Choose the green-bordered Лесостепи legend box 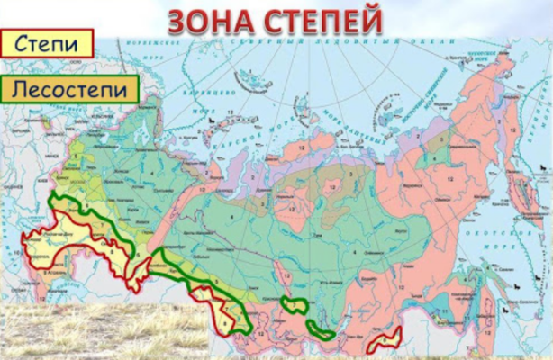pos(70,88)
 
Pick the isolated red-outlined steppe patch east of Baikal pos(387,340)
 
